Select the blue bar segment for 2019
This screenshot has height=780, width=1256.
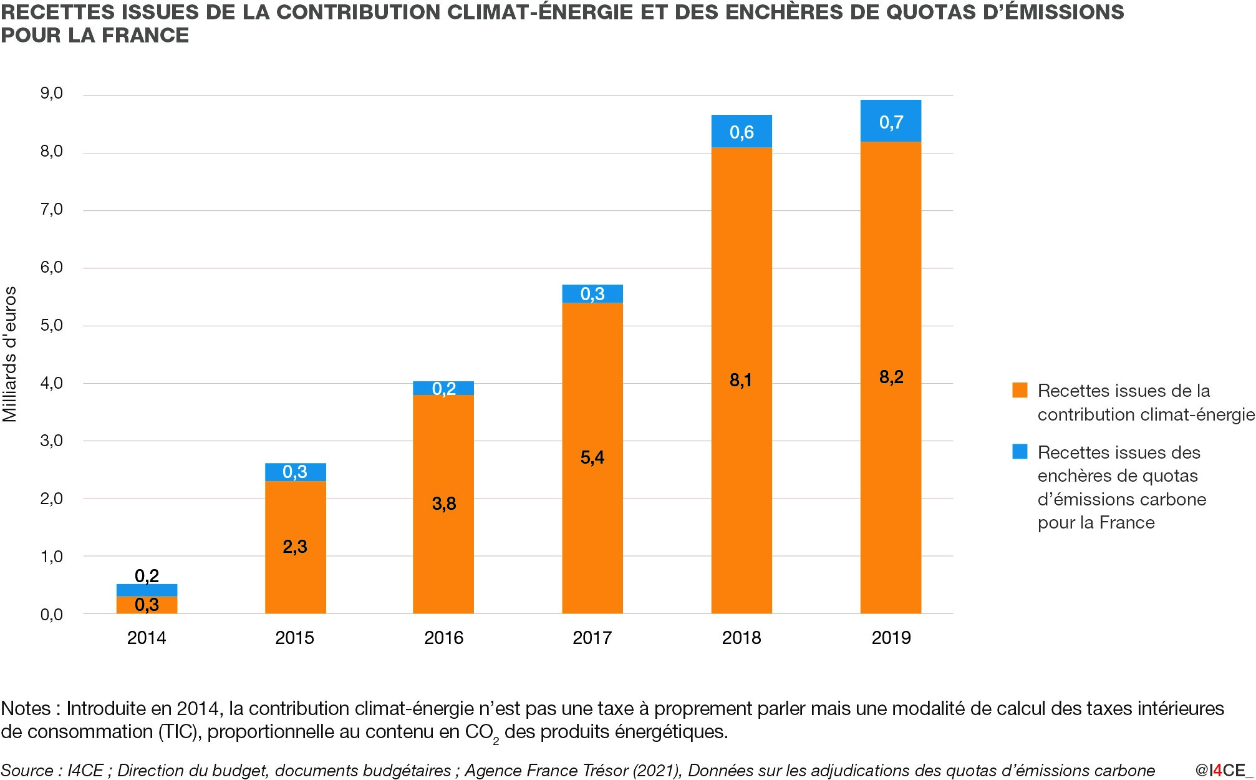(891, 121)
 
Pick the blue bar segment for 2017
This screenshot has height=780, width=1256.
(592, 293)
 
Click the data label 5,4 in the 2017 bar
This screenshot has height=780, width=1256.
(592, 457)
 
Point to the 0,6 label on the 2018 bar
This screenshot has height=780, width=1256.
(742, 132)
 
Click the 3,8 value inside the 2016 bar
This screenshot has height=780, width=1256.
(444, 504)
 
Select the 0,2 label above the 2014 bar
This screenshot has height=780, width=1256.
(147, 575)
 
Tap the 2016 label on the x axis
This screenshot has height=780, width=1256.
(444, 638)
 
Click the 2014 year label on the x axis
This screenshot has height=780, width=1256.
(147, 638)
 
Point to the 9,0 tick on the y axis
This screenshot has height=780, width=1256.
(52, 94)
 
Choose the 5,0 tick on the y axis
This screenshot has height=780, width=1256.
(52, 325)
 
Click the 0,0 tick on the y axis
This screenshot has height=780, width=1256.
(52, 615)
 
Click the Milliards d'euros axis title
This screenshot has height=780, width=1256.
(10, 354)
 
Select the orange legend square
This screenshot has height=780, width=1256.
(1020, 391)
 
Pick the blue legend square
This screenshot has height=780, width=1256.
(1020, 452)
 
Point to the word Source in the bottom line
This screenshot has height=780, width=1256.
(27, 771)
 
